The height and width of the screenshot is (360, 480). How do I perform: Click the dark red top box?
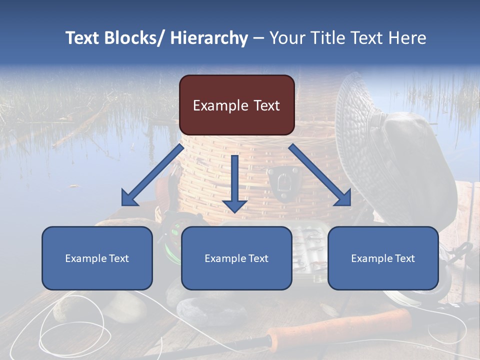point(236,105)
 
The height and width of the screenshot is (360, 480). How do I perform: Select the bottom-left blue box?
point(97,258)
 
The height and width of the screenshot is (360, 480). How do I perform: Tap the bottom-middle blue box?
point(236,258)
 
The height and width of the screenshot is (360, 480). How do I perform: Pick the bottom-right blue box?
point(383,258)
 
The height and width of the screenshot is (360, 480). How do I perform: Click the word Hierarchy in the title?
point(209,38)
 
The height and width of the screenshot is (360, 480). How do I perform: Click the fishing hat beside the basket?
point(395,150)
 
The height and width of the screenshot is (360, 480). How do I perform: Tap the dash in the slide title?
point(258,38)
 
